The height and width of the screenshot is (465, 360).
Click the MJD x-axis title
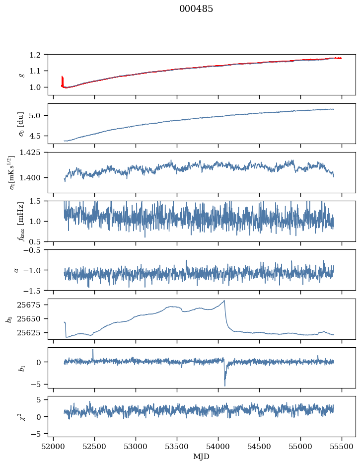pyautogui.click(x=201, y=457)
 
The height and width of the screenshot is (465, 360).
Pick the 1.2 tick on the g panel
pyautogui.click(x=38, y=55)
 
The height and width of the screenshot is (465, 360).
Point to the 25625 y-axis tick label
pyautogui.click(x=32, y=332)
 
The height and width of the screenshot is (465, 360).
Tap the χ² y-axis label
pyautogui.click(x=20, y=416)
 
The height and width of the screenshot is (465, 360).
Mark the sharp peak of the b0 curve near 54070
pyautogui.click(x=224, y=301)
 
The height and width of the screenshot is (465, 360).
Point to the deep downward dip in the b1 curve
pyautogui.click(x=224, y=385)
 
